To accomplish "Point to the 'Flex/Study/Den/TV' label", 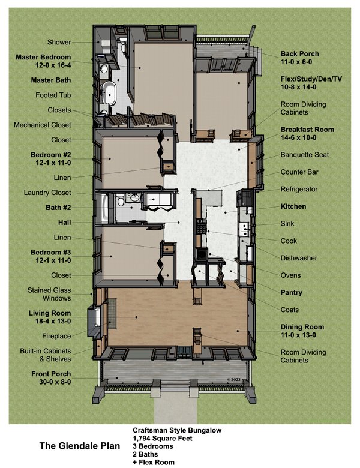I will pyautogui.click(x=311, y=79).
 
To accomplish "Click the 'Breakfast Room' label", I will pyautogui.click(x=307, y=130).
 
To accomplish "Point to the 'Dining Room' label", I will pyautogui.click(x=302, y=327).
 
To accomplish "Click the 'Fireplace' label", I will pyautogui.click(x=57, y=336).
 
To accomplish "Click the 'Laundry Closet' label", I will pyautogui.click(x=47, y=193).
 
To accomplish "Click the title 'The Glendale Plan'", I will pyautogui.click(x=79, y=446).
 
